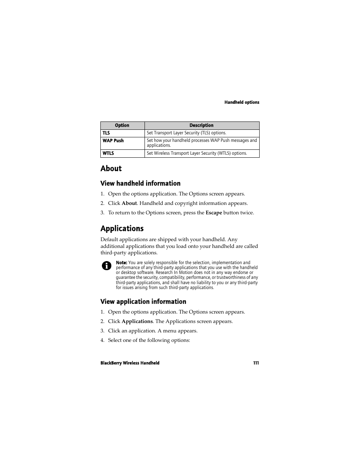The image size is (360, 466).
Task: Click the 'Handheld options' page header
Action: coord(242,102)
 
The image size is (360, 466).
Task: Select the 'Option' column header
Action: coord(122,126)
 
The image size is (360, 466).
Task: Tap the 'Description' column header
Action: coord(202,126)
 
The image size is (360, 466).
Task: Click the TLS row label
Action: coord(106,133)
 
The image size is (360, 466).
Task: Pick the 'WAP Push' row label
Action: coord(113,141)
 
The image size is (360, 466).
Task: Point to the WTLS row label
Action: coord(108,154)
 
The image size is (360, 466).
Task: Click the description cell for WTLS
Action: coord(197,154)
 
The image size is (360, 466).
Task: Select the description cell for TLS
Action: coord(186,133)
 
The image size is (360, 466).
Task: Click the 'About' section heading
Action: coord(111,169)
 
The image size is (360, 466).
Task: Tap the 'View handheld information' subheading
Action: coord(140,183)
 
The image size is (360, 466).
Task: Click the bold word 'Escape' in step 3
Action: coord(214,213)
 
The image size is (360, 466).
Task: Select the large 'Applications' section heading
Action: coord(122,229)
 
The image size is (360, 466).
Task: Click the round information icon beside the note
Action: coord(107,266)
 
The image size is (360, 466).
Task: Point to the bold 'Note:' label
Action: coord(121,263)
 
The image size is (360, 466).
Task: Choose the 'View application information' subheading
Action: coord(143,301)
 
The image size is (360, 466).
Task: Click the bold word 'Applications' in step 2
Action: coord(137,321)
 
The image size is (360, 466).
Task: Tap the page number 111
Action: coord(256,363)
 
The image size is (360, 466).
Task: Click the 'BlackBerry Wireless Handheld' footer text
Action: coord(130,363)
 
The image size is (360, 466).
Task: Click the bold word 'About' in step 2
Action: coord(129,203)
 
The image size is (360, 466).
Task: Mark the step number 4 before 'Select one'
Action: coord(102,340)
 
